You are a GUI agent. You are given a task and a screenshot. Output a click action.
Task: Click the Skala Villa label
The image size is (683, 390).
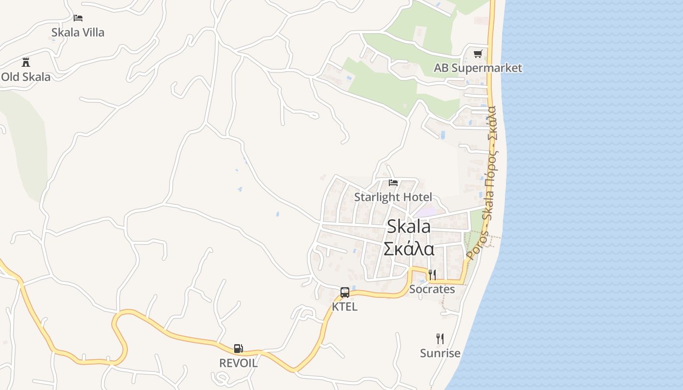[78, 33]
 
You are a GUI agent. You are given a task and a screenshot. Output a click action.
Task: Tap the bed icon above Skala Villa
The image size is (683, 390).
[78, 18]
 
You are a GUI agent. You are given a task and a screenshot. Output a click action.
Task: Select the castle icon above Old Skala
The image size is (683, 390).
[26, 62]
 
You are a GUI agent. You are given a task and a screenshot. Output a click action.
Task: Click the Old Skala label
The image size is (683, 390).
[26, 77]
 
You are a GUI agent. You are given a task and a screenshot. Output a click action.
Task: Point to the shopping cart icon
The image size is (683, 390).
[478, 54]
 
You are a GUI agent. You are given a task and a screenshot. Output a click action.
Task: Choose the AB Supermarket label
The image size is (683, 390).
[478, 68]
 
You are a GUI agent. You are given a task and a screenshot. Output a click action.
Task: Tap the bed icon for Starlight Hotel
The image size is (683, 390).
[393, 183]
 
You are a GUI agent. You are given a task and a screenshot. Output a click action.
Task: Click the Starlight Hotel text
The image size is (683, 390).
[393, 197]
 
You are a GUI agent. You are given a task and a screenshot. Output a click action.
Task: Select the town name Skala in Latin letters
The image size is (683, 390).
[409, 227]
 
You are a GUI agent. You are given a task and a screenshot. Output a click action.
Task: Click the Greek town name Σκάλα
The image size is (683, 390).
[409, 249]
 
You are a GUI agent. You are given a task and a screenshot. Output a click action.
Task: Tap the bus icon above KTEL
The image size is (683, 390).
[345, 292]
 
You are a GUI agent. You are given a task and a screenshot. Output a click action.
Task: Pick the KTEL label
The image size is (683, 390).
[345, 307]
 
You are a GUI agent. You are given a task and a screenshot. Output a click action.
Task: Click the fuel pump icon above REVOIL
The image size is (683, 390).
[238, 349]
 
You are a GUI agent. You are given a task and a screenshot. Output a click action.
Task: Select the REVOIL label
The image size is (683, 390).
[238, 363]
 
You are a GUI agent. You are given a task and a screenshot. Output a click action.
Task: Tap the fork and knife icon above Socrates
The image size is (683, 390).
[432, 275]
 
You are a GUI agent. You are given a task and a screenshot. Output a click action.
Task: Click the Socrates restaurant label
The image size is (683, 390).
[432, 289]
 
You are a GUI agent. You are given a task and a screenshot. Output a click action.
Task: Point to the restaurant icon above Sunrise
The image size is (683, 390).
[440, 338]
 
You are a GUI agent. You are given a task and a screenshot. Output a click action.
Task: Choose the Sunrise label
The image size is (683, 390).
[440, 353]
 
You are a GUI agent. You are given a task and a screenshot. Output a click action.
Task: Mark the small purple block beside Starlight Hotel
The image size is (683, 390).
[425, 212]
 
